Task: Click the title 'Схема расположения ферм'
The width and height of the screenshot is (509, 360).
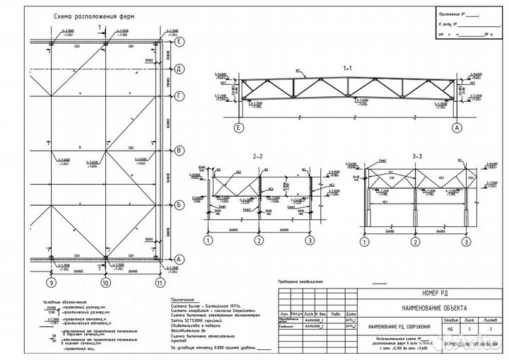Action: click(89, 15)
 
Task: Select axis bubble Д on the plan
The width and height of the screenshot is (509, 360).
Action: click(180, 69)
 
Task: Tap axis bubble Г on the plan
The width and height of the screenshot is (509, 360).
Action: click(180, 94)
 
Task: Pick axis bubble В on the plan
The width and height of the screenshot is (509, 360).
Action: click(180, 150)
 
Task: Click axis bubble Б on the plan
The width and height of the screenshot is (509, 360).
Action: click(180, 204)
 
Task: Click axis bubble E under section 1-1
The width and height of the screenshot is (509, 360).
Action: click(239, 128)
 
